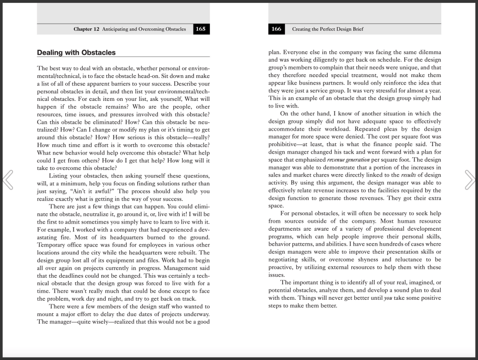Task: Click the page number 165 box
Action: pyautogui.click(x=201, y=29)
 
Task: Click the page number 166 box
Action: pyautogui.click(x=277, y=29)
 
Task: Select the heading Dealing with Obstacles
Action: pyautogui.click(x=76, y=53)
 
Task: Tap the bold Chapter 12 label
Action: pyautogui.click(x=86, y=29)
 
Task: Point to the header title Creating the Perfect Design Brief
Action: pyautogui.click(x=328, y=29)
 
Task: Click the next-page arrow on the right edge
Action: pyautogui.click(x=470, y=180)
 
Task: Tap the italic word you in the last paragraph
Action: pyautogui.click(x=375, y=298)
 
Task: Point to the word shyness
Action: pyautogui.click(x=367, y=260)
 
